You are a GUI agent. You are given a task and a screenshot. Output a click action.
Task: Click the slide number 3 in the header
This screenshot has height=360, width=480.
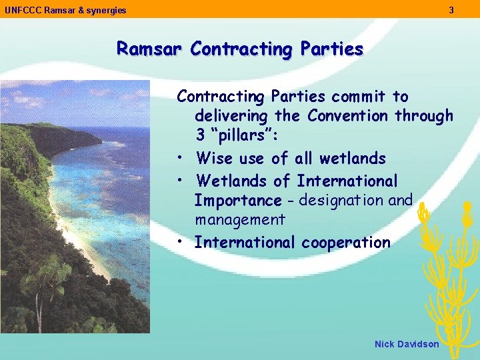tap(451, 10)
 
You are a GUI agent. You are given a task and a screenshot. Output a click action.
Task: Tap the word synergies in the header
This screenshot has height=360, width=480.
tap(106, 10)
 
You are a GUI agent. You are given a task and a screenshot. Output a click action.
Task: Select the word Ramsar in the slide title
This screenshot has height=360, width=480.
tap(151, 49)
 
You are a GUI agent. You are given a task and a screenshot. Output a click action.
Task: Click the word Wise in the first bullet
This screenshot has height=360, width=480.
tap(214, 159)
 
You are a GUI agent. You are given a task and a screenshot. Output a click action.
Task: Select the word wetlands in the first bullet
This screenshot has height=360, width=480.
tap(353, 159)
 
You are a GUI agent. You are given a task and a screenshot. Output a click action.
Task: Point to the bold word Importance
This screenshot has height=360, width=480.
tap(238, 201)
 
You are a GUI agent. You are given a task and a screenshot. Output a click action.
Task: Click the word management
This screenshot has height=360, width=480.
tap(240, 219)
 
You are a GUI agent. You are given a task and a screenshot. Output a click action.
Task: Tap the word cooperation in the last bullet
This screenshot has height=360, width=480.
tap(346, 243)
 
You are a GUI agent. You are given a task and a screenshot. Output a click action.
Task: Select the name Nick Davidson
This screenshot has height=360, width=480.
tap(407, 344)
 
